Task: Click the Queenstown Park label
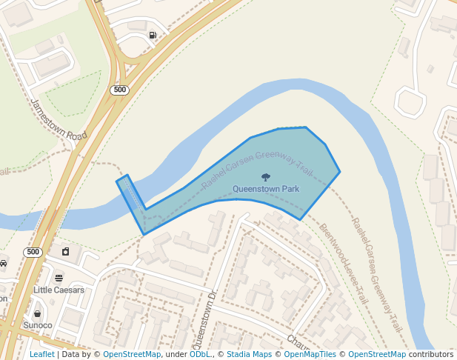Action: click(266, 189)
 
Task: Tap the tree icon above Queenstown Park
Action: click(266, 177)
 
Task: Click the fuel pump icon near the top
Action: click(153, 35)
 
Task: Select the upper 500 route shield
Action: click(119, 90)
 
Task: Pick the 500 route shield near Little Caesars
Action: click(32, 252)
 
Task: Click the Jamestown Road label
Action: click(59, 121)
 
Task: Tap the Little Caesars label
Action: click(59, 290)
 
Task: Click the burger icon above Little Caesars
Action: click(59, 278)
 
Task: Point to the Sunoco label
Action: click(37, 325)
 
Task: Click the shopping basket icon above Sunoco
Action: click(37, 313)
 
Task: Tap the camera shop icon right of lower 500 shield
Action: click(65, 252)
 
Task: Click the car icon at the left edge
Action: click(3, 263)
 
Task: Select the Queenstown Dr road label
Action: click(203, 319)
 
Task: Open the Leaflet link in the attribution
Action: click(41, 354)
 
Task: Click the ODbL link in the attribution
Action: click(200, 354)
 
